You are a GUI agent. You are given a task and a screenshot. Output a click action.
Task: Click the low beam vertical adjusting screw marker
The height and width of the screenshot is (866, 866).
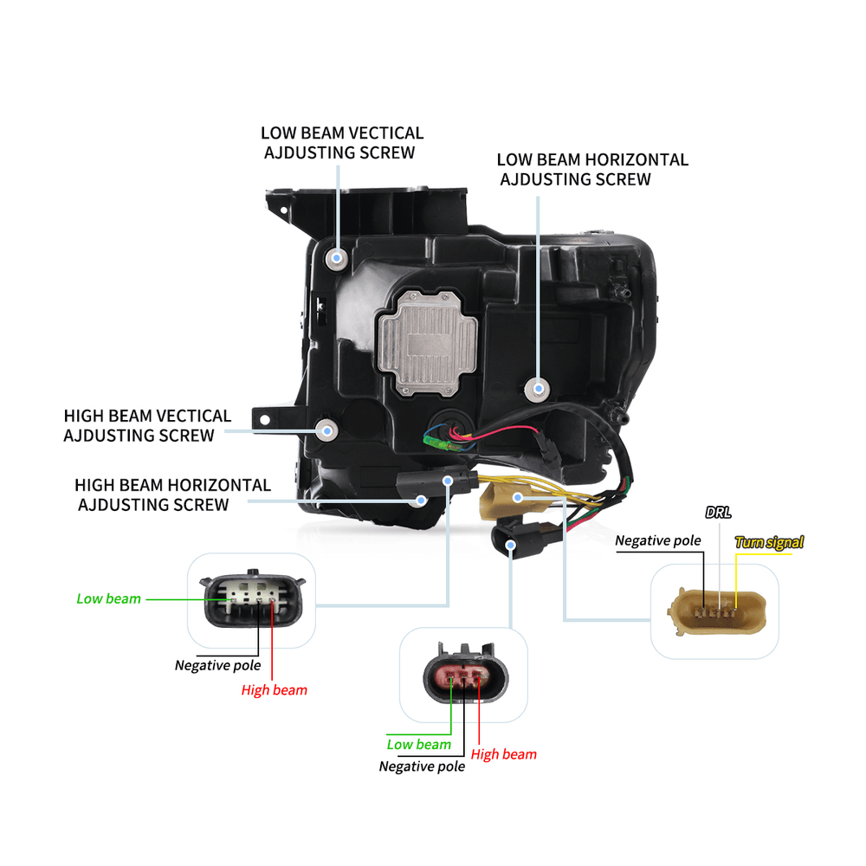pos(337,257)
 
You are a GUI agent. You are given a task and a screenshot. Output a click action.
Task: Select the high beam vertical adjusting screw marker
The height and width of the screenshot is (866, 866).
pos(326,428)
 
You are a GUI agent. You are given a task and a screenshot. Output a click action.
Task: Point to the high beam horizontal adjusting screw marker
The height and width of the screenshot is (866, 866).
pos(422,500)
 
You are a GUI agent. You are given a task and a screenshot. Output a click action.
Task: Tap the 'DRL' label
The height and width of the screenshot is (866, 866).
pos(718,513)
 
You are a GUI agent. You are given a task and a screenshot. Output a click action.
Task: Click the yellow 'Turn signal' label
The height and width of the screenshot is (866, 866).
pos(769,543)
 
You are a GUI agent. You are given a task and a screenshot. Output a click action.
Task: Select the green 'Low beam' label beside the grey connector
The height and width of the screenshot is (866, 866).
pos(108,598)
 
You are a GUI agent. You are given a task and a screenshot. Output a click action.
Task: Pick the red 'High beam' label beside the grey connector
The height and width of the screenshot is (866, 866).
pos(274,690)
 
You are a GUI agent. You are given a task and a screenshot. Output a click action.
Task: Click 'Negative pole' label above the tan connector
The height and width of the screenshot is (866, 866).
pos(657,541)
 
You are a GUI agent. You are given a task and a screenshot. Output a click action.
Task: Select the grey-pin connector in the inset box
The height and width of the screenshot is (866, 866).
pos(254,600)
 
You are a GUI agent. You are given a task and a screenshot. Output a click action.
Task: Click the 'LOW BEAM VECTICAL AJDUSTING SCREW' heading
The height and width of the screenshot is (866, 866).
pos(342,143)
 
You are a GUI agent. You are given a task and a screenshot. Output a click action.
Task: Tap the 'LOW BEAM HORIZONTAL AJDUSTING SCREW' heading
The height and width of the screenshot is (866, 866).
pos(591,170)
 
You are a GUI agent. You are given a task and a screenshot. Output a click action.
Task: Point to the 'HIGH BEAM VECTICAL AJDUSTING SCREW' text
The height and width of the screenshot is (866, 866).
pos(146,426)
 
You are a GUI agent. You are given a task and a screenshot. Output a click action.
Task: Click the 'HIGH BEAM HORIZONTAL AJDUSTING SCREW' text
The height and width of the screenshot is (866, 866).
pos(171,494)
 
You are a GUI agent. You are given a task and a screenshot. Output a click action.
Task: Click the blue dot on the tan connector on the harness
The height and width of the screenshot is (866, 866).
pos(518,497)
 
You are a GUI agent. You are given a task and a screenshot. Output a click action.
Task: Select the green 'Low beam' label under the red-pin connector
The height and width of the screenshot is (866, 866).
pos(418,745)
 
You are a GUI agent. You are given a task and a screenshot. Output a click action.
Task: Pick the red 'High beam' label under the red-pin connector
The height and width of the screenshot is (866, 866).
pos(503,754)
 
